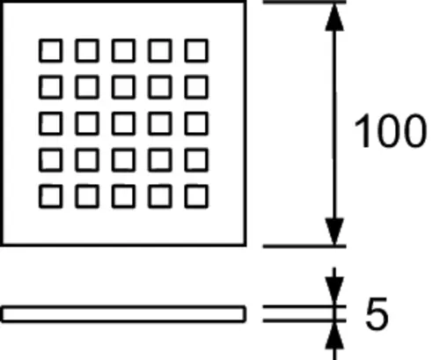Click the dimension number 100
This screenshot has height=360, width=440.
point(390,131)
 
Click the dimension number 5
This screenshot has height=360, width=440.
point(377,313)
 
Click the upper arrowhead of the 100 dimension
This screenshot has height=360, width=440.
point(334,17)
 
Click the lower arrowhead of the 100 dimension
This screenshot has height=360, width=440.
point(334,231)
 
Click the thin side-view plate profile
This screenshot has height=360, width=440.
point(123,306)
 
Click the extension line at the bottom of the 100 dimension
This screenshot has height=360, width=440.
point(304,246)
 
